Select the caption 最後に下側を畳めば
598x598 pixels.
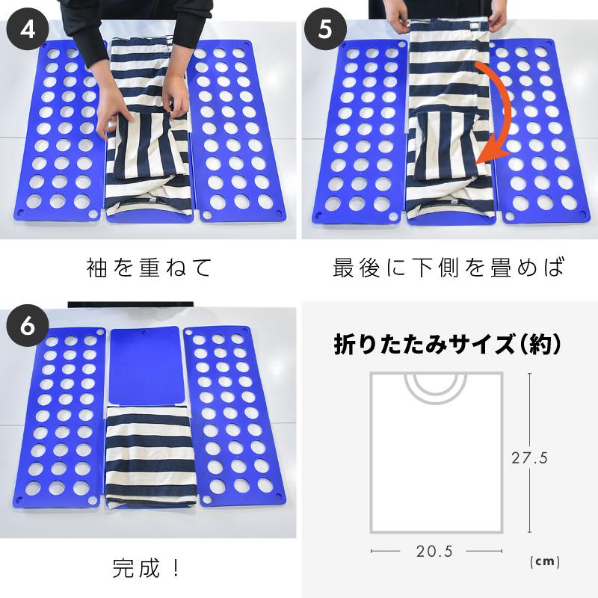point(449,267)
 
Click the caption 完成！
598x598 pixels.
point(147,568)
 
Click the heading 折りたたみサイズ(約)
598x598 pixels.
point(447,345)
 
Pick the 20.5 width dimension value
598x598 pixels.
point(435,552)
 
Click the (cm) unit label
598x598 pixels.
point(544,561)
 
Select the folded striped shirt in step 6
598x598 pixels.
point(152,456)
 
